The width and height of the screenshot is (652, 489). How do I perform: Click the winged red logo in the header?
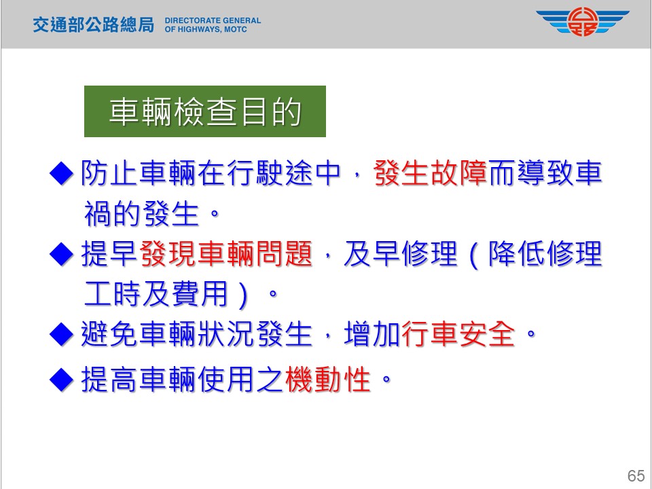pyautogui.click(x=583, y=22)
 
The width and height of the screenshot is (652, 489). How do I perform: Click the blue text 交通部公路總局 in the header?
pyautogui.click(x=94, y=25)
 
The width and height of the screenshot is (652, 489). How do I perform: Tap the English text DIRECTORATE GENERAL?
pyautogui.click(x=213, y=20)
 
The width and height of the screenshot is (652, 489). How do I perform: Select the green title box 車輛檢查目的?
pyautogui.click(x=205, y=111)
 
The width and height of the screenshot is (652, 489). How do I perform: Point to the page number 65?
pyautogui.click(x=636, y=475)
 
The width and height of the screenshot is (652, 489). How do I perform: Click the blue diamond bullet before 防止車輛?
pyautogui.click(x=62, y=173)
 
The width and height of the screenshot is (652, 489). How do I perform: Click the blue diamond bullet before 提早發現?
pyautogui.click(x=62, y=254)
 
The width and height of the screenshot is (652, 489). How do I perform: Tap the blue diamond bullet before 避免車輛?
pyautogui.click(x=62, y=334)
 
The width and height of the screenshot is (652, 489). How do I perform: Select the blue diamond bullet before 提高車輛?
pyautogui.click(x=62, y=379)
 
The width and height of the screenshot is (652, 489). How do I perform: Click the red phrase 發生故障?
pyautogui.click(x=431, y=173)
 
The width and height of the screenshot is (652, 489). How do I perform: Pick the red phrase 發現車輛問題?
pyautogui.click(x=226, y=253)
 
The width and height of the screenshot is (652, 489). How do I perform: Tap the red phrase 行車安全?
pyautogui.click(x=458, y=334)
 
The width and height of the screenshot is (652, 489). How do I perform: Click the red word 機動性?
pyautogui.click(x=328, y=379)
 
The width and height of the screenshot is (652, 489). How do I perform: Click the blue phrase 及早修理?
pyautogui.click(x=400, y=253)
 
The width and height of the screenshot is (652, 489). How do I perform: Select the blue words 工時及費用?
pyautogui.click(x=156, y=294)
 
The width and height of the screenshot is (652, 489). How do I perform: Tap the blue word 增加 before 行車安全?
pyautogui.click(x=372, y=334)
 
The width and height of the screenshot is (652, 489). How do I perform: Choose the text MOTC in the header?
pyautogui.click(x=236, y=29)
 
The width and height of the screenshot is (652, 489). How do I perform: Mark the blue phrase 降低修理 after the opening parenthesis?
pyautogui.click(x=545, y=253)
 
